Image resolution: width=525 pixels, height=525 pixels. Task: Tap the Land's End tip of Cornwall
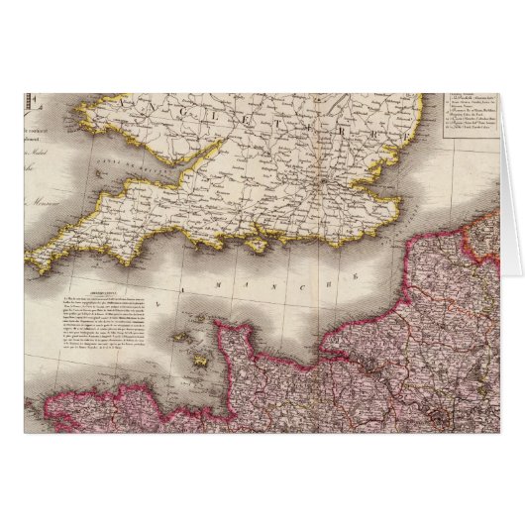coord(33,264)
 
